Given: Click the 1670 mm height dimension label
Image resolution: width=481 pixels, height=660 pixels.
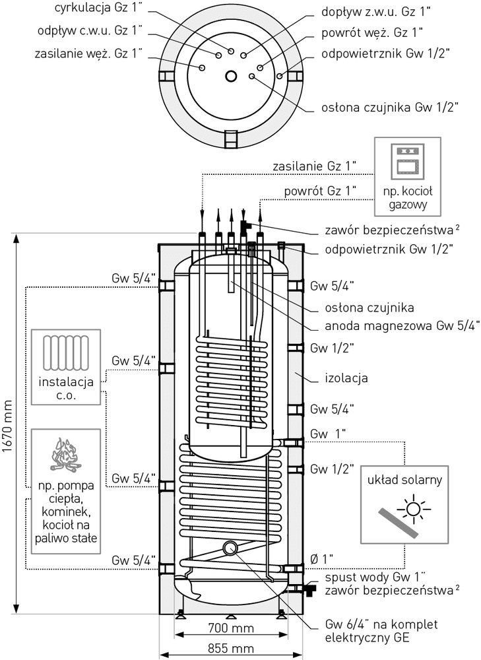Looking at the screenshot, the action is click(7, 426).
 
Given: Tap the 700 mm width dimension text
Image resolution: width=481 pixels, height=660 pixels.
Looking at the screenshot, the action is click(231, 628).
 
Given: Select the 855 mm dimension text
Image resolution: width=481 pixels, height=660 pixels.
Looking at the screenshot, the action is click(231, 648).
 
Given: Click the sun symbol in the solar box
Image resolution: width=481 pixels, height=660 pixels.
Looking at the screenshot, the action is click(414, 510).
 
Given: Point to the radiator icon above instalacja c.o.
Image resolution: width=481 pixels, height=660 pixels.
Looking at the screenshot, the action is click(66, 352).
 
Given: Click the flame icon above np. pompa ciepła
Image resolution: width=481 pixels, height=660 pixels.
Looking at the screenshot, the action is click(65, 454).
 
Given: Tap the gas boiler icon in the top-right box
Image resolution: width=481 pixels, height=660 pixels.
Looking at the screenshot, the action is click(407, 161).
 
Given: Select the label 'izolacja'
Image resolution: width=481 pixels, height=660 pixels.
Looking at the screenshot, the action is click(346, 378).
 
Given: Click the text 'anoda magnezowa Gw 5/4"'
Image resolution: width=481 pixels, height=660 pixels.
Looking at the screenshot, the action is click(402, 326).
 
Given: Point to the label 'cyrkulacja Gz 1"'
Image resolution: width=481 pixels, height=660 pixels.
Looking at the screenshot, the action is click(99, 9).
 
